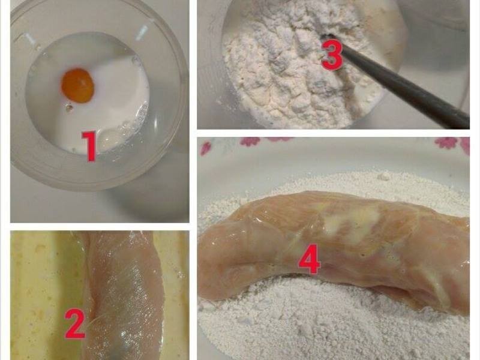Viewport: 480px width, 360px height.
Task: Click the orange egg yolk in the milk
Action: [78, 85]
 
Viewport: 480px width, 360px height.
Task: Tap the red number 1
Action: [89, 147]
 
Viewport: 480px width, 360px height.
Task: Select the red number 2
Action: [75, 324]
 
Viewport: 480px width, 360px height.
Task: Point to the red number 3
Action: [332, 55]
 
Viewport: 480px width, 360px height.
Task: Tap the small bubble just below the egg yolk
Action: [70, 109]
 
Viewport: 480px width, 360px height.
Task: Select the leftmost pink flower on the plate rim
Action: [206, 147]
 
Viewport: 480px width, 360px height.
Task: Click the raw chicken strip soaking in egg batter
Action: [120, 294]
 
